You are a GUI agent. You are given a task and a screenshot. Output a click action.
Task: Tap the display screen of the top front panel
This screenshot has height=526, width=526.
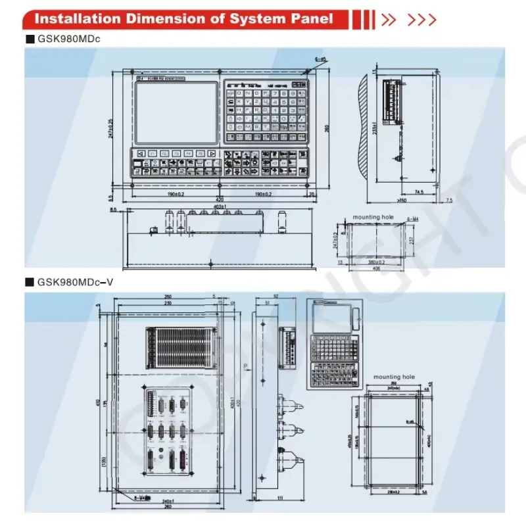point(176,112)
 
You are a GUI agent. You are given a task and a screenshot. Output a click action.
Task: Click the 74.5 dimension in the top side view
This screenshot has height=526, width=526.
point(419,193)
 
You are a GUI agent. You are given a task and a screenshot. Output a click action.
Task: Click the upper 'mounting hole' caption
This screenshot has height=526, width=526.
point(371,216)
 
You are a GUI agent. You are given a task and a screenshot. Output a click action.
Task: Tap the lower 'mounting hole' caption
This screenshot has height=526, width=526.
point(394,377)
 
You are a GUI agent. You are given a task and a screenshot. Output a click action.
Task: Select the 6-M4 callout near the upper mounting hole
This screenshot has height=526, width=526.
point(412,218)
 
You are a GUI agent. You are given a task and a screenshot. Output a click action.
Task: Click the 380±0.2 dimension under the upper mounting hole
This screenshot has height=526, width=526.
point(373,261)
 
